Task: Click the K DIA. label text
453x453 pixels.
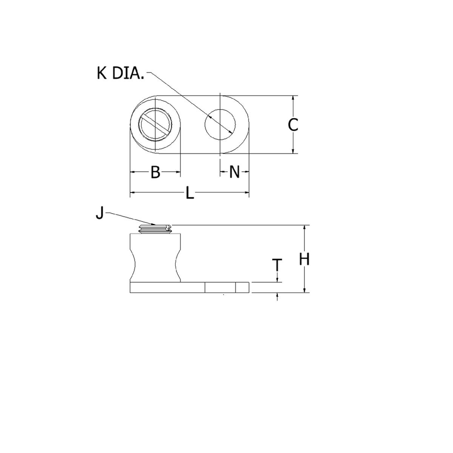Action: click(120, 73)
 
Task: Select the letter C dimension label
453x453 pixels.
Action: click(293, 125)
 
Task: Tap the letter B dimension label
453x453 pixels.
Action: click(155, 172)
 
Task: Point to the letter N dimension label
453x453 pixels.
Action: click(234, 172)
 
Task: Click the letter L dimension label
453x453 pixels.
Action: click(189, 193)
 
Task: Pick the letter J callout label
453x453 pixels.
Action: click(100, 214)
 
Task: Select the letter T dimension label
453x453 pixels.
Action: click(277, 265)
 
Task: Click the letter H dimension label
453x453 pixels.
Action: click(304, 259)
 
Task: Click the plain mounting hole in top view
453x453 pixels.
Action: click(220, 123)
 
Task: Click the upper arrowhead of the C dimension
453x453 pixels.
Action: click(293, 98)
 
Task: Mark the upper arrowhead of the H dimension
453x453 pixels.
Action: click(304, 228)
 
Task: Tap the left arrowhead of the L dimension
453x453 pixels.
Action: click(132, 192)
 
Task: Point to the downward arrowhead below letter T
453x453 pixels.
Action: click(277, 280)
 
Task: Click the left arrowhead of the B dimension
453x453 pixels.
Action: click(132, 172)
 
